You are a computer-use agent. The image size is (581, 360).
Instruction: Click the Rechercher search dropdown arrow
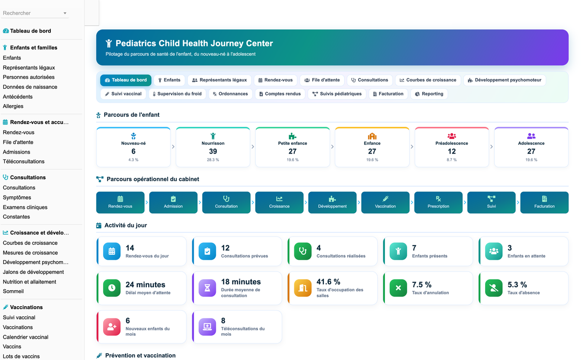(x=65, y=13)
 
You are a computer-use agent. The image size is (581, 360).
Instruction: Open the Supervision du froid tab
(x=177, y=94)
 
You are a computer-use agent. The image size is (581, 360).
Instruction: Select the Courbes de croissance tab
(x=428, y=80)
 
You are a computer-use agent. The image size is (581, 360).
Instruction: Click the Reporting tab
(x=429, y=94)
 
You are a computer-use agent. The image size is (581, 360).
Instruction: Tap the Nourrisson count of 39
(x=213, y=151)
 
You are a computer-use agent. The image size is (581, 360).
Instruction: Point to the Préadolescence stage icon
(x=452, y=136)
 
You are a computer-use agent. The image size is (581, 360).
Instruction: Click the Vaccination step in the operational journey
(x=385, y=203)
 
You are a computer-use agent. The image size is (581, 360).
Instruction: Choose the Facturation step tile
(x=544, y=203)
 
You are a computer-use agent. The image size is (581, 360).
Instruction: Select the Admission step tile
(x=173, y=203)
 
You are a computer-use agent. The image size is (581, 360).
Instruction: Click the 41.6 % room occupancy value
(x=328, y=282)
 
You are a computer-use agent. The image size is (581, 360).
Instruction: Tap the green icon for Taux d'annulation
(x=398, y=288)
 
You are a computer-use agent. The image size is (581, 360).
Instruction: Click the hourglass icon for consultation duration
(x=207, y=288)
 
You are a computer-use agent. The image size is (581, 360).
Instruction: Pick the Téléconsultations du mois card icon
(x=207, y=327)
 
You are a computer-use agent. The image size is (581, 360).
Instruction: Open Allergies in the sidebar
(x=13, y=106)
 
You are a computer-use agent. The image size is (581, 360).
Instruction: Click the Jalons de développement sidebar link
(x=33, y=272)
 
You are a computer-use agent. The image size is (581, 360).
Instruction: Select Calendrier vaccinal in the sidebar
(x=25, y=337)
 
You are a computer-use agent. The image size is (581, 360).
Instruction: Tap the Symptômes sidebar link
(x=17, y=197)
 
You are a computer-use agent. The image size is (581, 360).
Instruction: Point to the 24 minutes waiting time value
(x=145, y=284)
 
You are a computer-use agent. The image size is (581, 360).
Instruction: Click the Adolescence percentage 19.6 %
(x=531, y=160)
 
